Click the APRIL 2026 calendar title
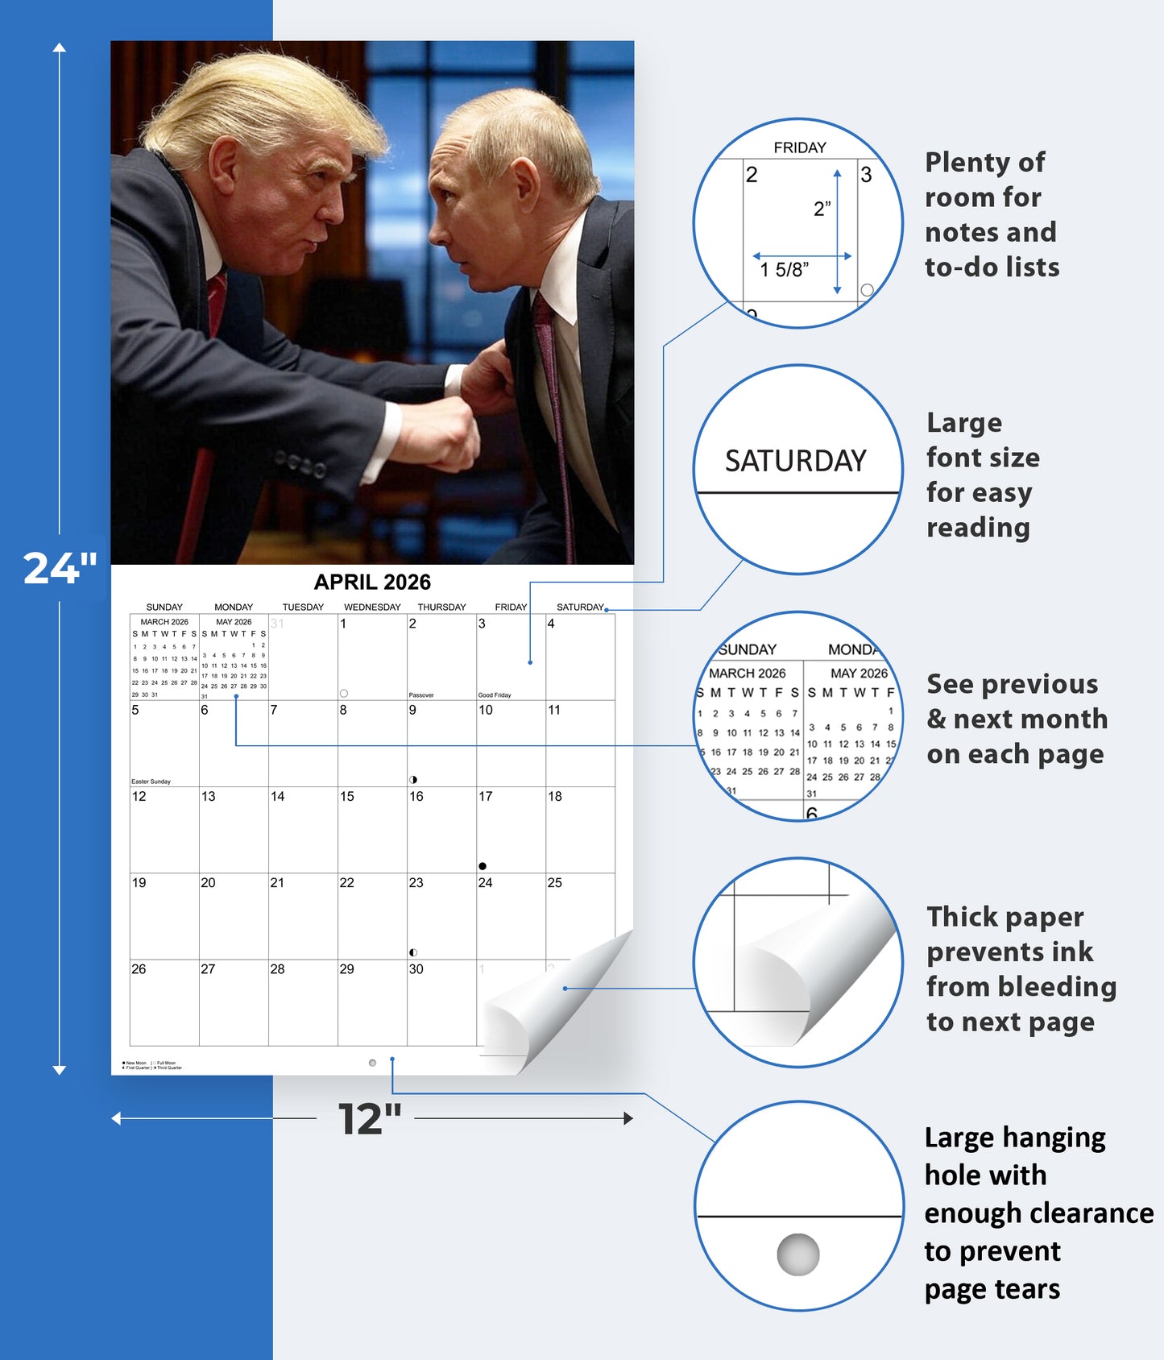coord(372,582)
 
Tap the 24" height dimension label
coord(60,568)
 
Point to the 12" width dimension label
coord(369,1119)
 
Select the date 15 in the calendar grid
coord(346,797)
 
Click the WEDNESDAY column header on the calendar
coord(372,607)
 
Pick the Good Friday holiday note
coord(495,695)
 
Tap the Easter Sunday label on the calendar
coord(151,782)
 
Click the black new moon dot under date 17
coord(483,866)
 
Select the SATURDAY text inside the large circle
coord(795,461)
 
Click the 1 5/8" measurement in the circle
coord(784,271)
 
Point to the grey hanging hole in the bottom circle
coord(797,1254)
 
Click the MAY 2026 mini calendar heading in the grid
coord(234,622)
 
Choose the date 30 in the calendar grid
coord(416,969)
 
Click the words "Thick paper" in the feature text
coord(1005,917)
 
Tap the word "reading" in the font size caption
coord(978,528)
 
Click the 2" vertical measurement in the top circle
coord(822,209)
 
